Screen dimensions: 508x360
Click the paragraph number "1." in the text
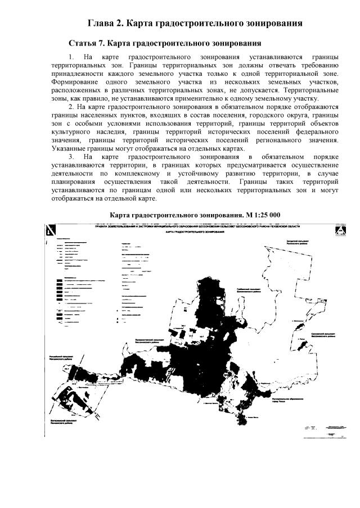point(71,57)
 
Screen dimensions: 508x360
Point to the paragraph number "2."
point(71,107)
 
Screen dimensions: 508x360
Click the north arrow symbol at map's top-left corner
point(51,230)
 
